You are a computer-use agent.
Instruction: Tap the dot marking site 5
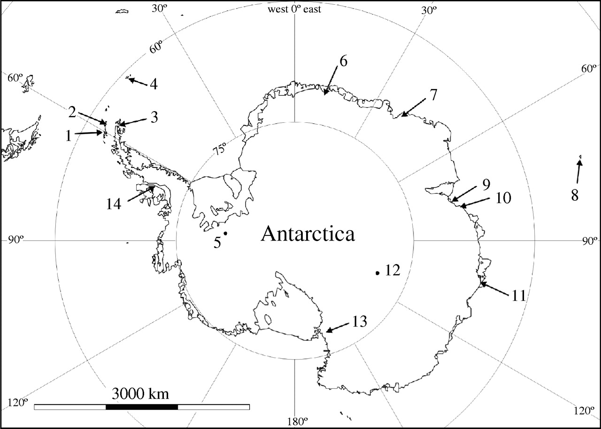click(225, 233)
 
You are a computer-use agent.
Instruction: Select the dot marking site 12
click(377, 273)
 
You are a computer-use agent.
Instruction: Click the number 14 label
click(114, 203)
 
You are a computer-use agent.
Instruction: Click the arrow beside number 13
click(337, 327)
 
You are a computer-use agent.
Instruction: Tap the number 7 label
click(432, 94)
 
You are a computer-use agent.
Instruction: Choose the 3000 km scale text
click(141, 392)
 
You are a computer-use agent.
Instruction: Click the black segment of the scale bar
click(142, 406)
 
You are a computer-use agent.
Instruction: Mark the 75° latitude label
click(219, 150)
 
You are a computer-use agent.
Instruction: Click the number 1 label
click(69, 135)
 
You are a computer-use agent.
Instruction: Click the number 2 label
click(71, 112)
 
